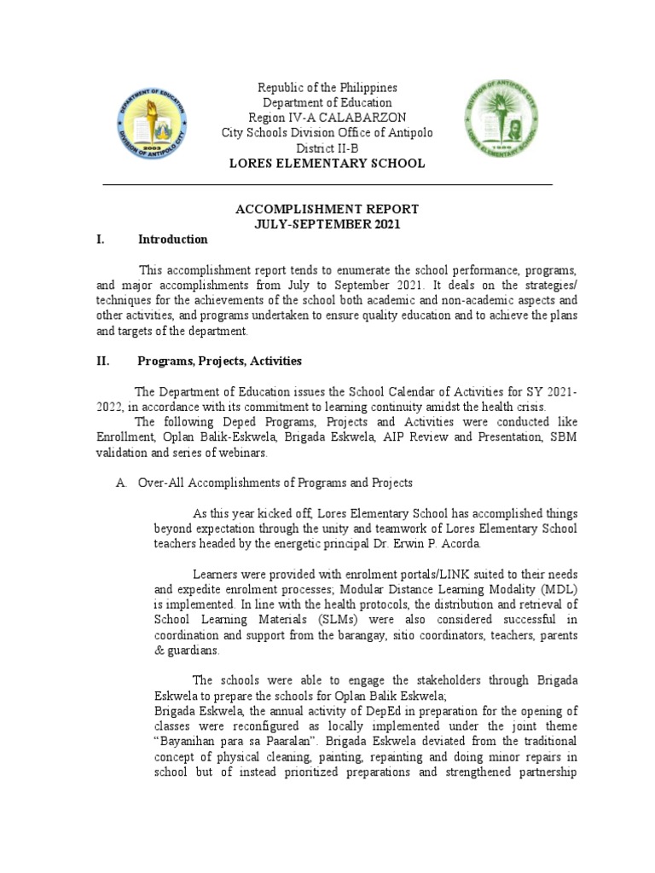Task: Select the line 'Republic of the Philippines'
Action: coord(327,88)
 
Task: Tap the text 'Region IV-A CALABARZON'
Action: coord(327,117)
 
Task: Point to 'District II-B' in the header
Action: coord(327,147)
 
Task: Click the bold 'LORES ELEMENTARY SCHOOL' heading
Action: coord(327,163)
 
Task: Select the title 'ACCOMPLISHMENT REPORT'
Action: coord(327,209)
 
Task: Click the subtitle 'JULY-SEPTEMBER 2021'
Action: coord(327,224)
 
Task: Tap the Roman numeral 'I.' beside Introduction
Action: coord(101,240)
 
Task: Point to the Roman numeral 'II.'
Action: coord(103,361)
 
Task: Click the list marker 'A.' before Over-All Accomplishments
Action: coord(121,483)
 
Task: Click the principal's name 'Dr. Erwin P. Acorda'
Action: coord(418,543)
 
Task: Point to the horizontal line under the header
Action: coord(327,184)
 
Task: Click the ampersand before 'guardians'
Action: coord(159,651)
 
